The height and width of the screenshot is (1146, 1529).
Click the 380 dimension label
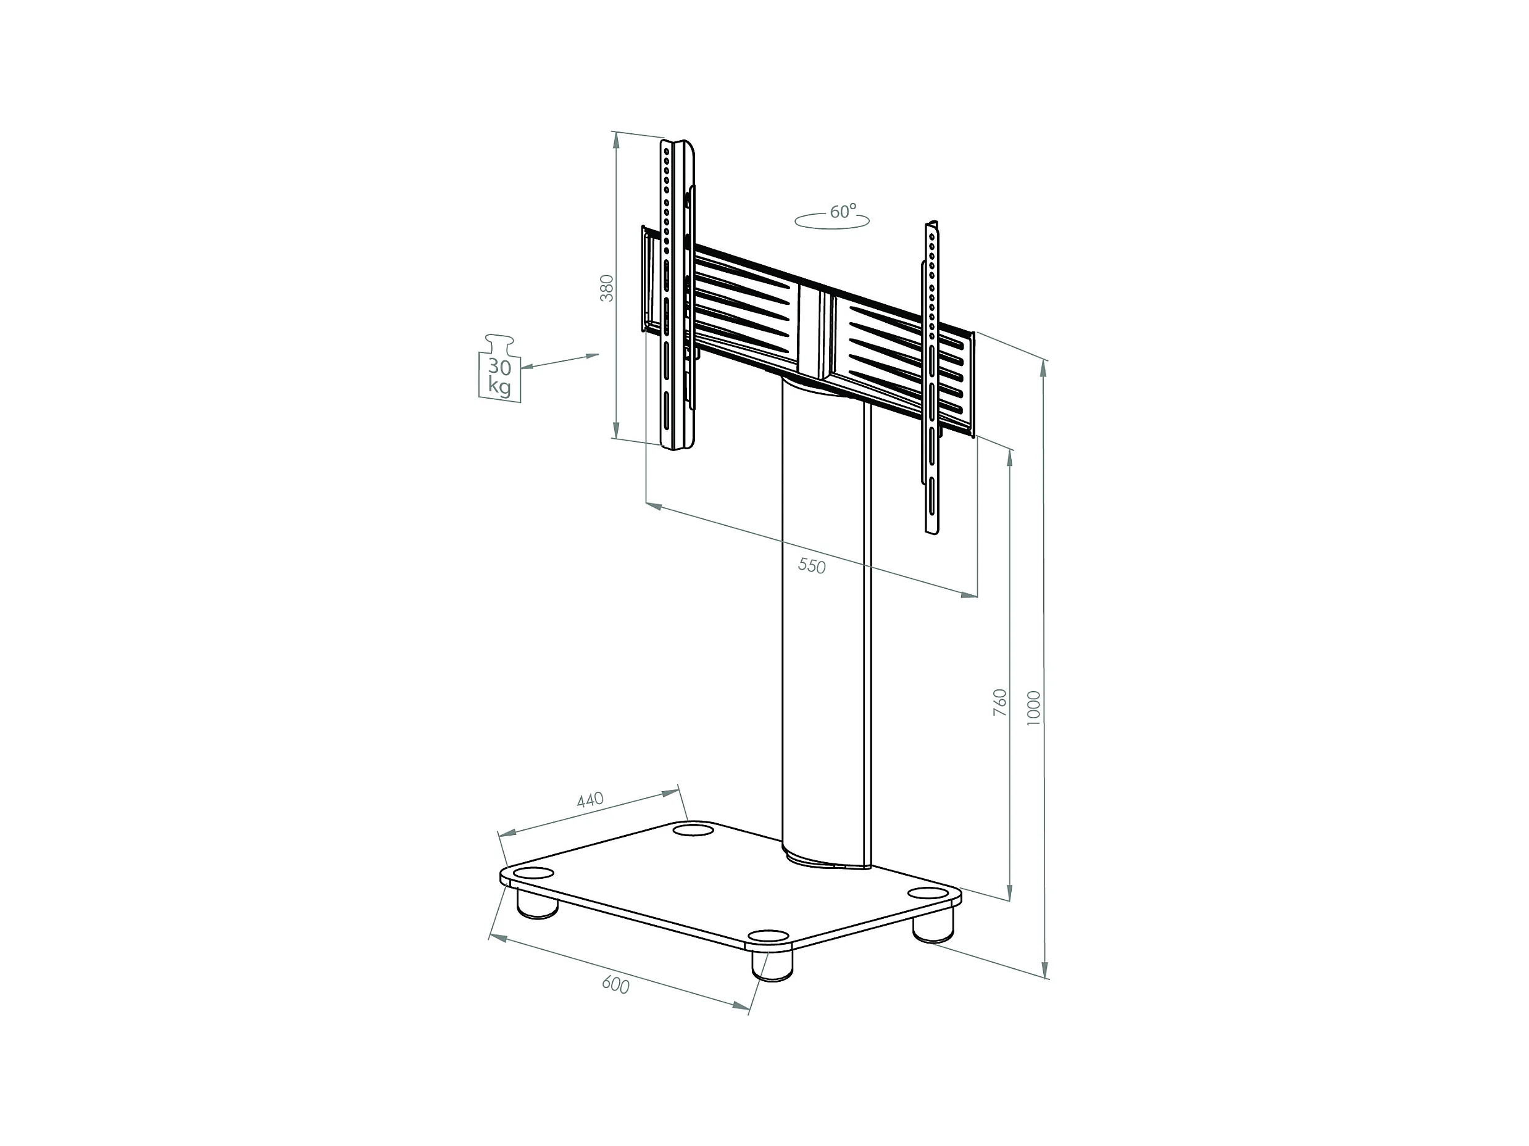(x=606, y=288)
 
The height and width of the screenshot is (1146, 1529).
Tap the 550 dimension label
(x=812, y=565)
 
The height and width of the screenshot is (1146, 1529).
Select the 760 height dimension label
(x=1000, y=702)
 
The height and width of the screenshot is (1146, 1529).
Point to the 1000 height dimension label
(x=1033, y=708)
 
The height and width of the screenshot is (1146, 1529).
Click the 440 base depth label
(x=590, y=800)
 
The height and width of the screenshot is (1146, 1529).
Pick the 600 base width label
(x=615, y=984)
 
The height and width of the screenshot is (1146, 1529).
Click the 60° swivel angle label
(x=843, y=212)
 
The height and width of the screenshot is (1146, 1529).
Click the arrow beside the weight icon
(x=560, y=362)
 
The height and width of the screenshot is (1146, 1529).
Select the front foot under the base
(x=772, y=966)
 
